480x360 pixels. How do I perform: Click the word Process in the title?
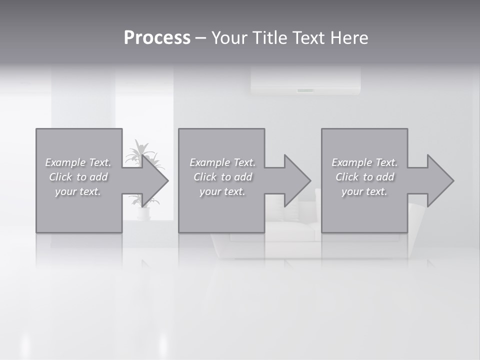[x=157, y=38]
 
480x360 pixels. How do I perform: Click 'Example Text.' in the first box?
[x=78, y=162]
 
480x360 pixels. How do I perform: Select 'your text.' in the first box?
[x=78, y=191]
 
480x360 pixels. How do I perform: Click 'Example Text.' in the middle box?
[x=222, y=162]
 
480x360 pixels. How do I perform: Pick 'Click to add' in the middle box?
[x=222, y=177]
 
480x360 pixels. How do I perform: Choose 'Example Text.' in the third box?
[x=364, y=162]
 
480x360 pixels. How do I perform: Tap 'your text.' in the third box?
[x=364, y=191]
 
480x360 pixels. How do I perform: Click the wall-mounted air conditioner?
[x=305, y=81]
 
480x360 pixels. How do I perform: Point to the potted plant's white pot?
[x=143, y=213]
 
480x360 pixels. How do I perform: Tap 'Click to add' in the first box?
[x=78, y=177]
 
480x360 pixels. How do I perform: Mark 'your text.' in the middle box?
[x=222, y=191]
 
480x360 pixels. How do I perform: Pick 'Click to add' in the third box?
[x=364, y=177]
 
